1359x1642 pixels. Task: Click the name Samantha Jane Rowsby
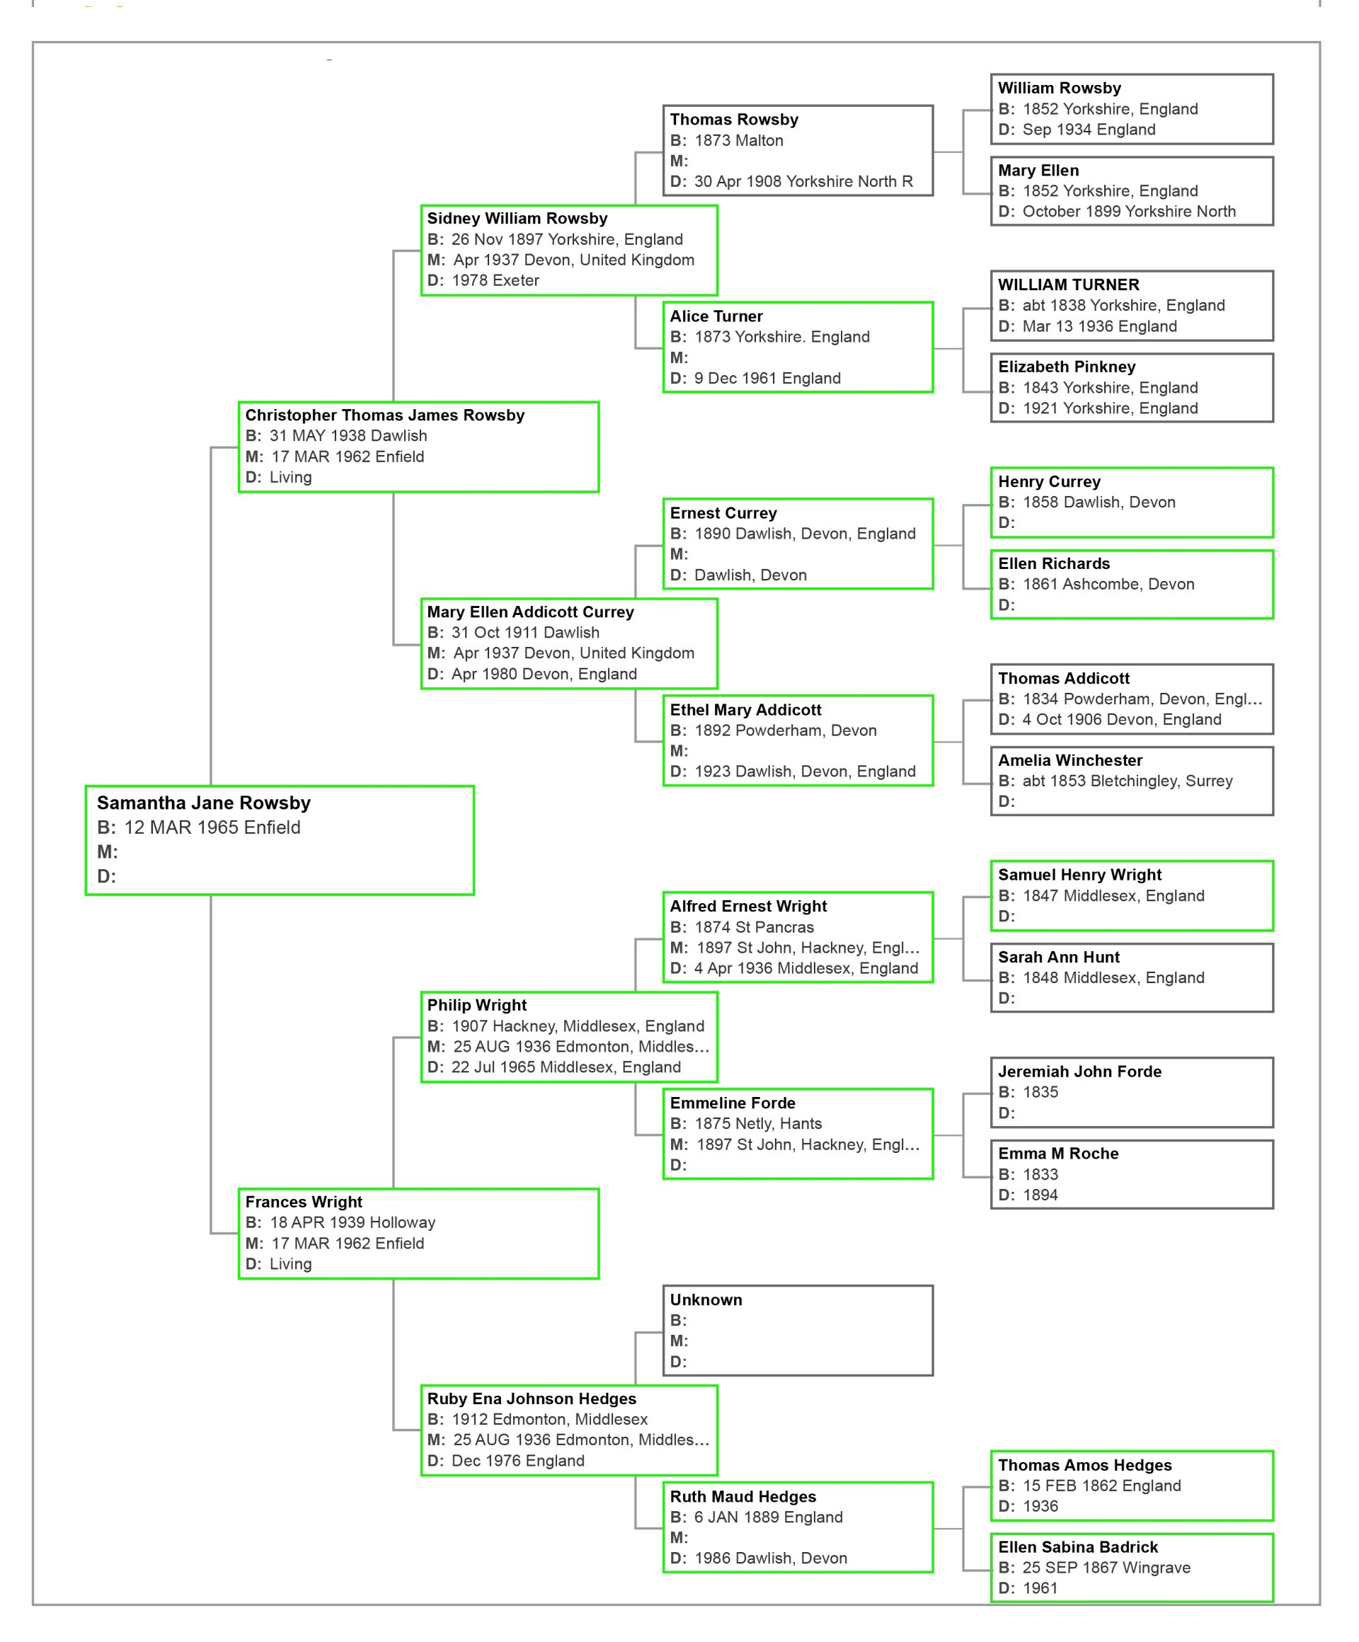tap(203, 803)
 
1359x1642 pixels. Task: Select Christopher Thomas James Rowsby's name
tap(385, 415)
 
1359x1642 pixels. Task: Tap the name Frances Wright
tap(304, 1202)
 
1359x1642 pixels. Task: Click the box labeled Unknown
tap(797, 1330)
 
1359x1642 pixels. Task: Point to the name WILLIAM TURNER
tap(1068, 285)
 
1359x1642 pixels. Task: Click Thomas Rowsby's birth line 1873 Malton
tap(738, 141)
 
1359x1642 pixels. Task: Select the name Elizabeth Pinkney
tap(1067, 367)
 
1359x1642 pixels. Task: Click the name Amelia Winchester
tap(1070, 760)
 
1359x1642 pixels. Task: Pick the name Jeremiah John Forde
tap(1079, 1072)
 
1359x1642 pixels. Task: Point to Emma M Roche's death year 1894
tap(1040, 1195)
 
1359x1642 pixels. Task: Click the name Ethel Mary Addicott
tap(745, 710)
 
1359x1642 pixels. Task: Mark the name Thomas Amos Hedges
tap(1084, 1465)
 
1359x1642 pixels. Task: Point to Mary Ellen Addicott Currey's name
tap(530, 612)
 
